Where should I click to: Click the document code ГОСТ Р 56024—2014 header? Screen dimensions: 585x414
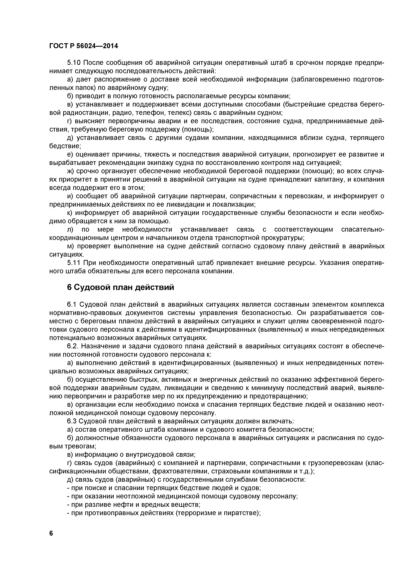84,46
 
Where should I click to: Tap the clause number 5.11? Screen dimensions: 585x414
74,263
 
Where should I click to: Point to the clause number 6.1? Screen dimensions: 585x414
72,305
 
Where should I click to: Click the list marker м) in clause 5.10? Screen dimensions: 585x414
70,246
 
